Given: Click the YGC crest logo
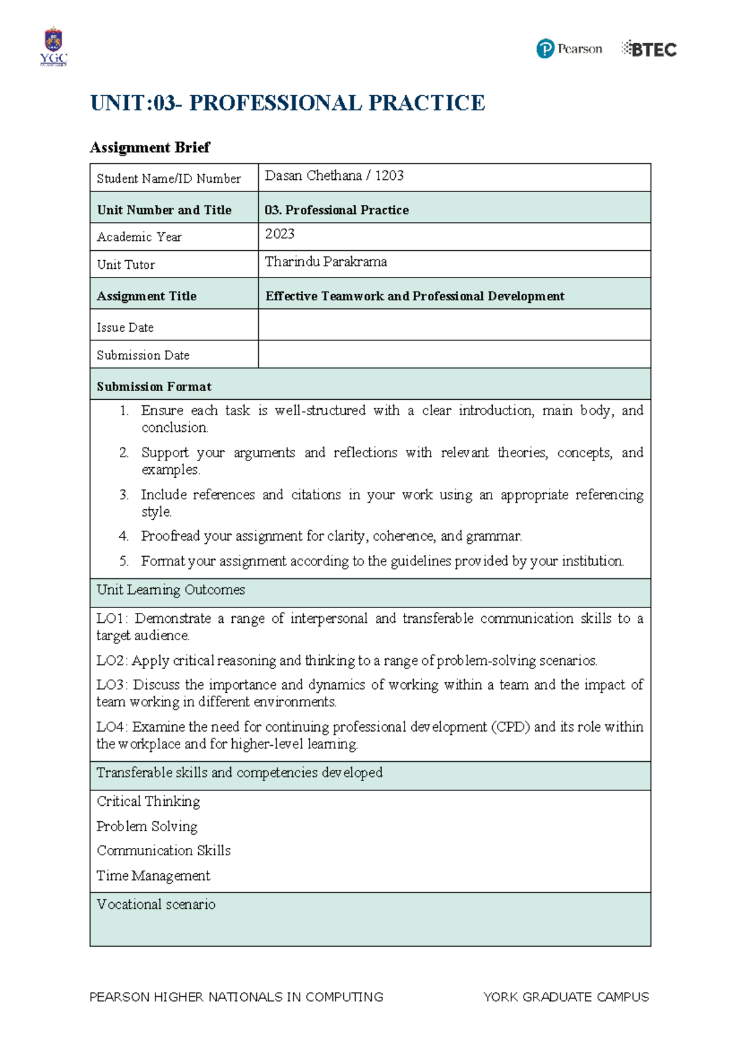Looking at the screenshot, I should tap(53, 45).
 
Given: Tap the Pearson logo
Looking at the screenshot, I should tap(569, 49).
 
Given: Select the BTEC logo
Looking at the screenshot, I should tap(649, 49).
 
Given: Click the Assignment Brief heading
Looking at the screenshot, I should tap(150, 147).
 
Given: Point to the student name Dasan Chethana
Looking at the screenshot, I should tap(313, 175).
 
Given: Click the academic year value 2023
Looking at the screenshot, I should tap(280, 234).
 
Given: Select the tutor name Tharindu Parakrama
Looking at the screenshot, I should tap(326, 261).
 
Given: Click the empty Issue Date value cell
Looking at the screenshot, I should tap(454, 325).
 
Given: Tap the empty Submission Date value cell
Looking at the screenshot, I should tap(454, 355).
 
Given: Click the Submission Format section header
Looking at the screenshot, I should tap(154, 386).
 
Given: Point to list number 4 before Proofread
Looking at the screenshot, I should tap(124, 536).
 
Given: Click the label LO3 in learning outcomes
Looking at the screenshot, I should tap(111, 685).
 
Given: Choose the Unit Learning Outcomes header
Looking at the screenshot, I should tap(171, 589).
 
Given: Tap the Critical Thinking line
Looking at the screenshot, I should tap(149, 801).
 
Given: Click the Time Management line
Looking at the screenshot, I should tap(154, 876).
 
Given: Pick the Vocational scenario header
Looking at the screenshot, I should tap(156, 904).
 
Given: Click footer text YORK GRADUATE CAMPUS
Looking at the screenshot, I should tap(566, 997).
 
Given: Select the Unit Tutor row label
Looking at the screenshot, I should tap(126, 264).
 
